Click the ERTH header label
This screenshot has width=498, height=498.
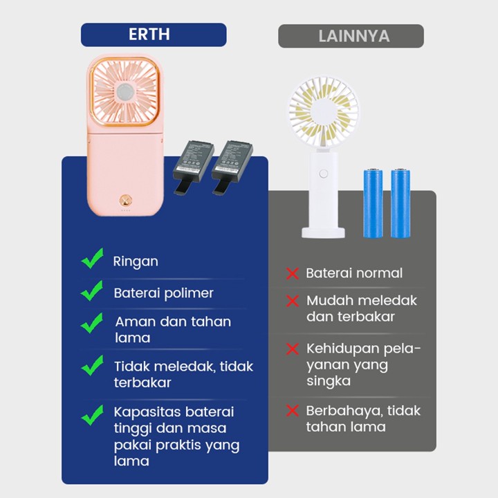pos(153,35)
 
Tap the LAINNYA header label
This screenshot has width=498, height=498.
pos(351,36)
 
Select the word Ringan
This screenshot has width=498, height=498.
pos(136,261)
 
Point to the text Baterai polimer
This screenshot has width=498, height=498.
pos(163,293)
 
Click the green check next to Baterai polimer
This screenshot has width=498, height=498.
pos(91,290)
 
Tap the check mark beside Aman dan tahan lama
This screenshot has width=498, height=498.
pos(91,323)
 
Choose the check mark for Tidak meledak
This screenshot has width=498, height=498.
pos(91,365)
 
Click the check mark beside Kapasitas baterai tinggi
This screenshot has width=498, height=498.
pos(91,415)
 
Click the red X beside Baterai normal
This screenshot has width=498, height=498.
pos(292,274)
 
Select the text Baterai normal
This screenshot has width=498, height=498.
pos(354,273)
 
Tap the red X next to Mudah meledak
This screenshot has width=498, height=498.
pos(292,302)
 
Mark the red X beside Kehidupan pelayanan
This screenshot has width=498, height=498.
pos(292,348)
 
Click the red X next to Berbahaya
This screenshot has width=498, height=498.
pos(292,411)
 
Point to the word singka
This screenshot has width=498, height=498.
pos(329,381)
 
